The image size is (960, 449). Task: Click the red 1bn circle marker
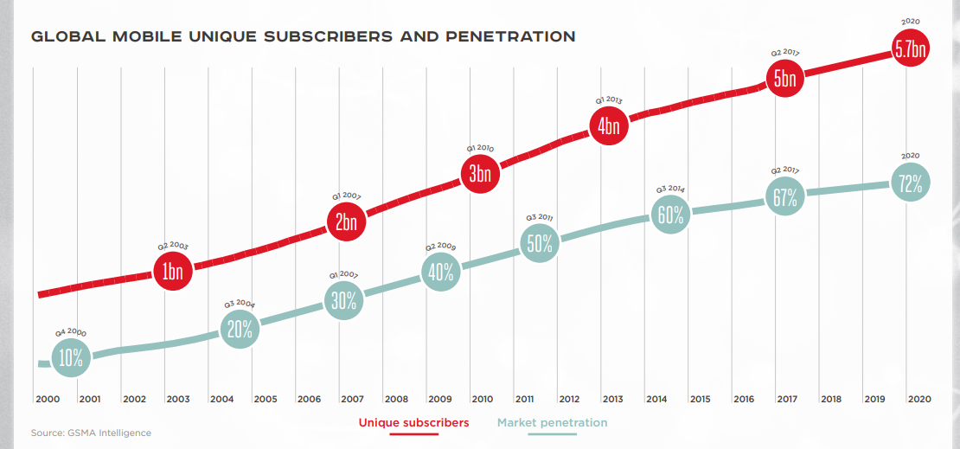tap(172, 272)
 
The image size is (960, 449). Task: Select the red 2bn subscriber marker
tap(346, 222)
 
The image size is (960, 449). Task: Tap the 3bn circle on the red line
tap(479, 174)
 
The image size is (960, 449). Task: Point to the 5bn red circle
tap(784, 79)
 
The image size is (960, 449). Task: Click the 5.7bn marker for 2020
tap(911, 51)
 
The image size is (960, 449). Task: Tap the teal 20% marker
tap(240, 329)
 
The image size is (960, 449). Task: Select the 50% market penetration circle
tap(540, 244)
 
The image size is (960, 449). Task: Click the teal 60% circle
tap(670, 215)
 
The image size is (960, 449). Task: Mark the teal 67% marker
tap(784, 196)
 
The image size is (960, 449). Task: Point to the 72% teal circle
tap(910, 183)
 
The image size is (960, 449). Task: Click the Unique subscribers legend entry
tap(413, 423)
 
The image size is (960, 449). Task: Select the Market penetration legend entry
tap(552, 423)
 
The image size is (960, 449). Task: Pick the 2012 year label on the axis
tap(569, 400)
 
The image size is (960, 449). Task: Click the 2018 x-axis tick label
tap(830, 400)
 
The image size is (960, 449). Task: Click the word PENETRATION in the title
tap(509, 37)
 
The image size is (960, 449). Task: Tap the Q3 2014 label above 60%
tap(670, 189)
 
